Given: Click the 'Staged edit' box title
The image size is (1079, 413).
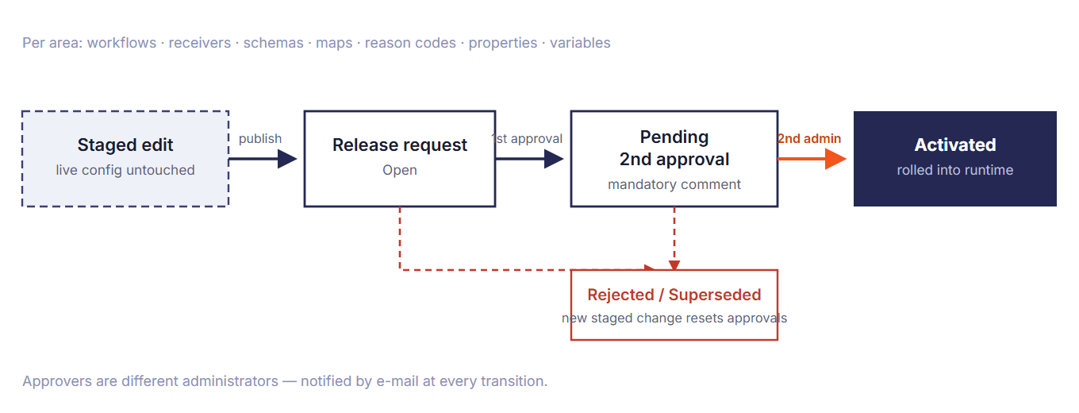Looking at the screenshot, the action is [125, 145].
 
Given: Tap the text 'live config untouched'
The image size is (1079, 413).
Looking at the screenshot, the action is [125, 170].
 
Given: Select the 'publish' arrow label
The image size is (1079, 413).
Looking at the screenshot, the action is [260, 138].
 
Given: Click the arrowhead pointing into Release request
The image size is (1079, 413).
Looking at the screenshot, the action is [287, 159].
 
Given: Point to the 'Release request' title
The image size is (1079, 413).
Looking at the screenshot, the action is [400, 145].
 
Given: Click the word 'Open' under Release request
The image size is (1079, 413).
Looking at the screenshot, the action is [400, 170].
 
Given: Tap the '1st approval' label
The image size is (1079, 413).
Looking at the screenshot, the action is [527, 138].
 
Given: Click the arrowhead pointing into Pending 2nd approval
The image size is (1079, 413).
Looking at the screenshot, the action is [554, 159].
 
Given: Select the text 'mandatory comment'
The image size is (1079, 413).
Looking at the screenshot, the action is [674, 184].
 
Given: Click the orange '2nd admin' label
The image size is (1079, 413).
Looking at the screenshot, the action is [809, 138].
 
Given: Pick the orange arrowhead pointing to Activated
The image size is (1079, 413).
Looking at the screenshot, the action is [835, 159].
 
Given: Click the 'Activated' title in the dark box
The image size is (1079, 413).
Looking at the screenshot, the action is [955, 145].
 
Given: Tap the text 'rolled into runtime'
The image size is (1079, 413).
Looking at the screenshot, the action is [955, 170].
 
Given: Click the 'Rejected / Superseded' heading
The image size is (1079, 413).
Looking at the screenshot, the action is [674, 295].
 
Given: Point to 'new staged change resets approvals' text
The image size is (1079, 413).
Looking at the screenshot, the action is [674, 318].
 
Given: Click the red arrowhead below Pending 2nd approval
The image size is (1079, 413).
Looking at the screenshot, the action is [674, 265].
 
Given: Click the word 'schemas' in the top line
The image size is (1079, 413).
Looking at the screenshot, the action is [273, 43].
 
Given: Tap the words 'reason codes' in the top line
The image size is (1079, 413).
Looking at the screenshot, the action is [410, 43].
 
